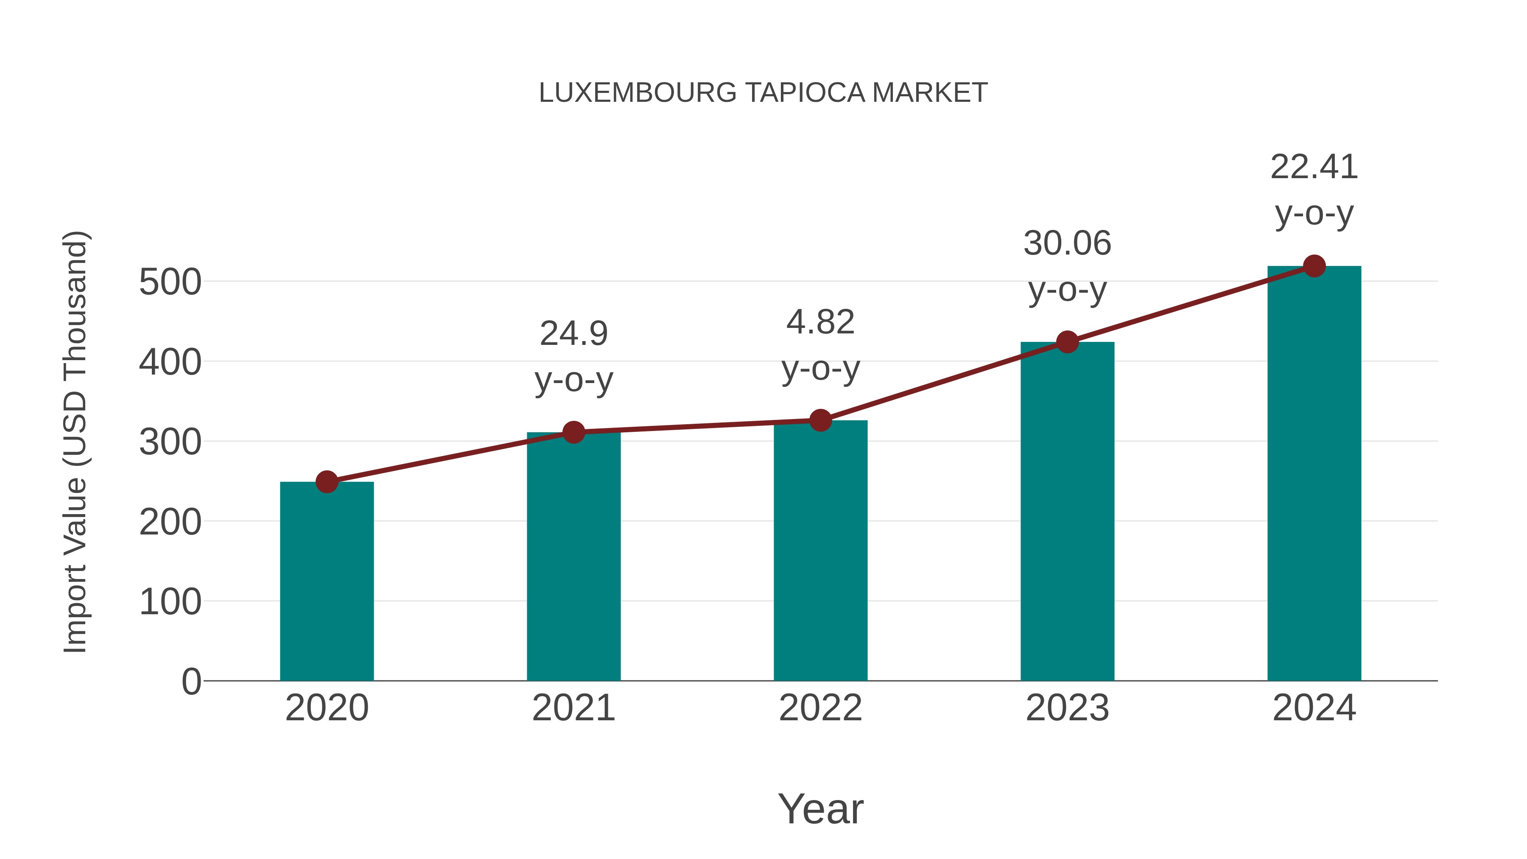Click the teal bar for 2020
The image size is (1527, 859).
(x=327, y=581)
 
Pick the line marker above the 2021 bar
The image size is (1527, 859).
(x=573, y=432)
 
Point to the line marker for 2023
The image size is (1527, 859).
(x=1067, y=342)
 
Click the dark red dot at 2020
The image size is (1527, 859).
(x=327, y=482)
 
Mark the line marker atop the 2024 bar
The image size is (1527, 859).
(x=1314, y=266)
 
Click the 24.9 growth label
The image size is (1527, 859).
(x=573, y=334)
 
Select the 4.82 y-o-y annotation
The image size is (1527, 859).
(x=820, y=323)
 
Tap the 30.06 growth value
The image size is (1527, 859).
(x=1067, y=243)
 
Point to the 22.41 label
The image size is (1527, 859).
(x=1314, y=167)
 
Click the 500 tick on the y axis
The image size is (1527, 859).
(x=170, y=282)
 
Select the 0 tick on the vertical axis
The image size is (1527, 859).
(x=191, y=682)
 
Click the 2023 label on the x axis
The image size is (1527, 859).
(x=1067, y=708)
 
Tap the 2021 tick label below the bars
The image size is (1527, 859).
(x=573, y=708)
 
